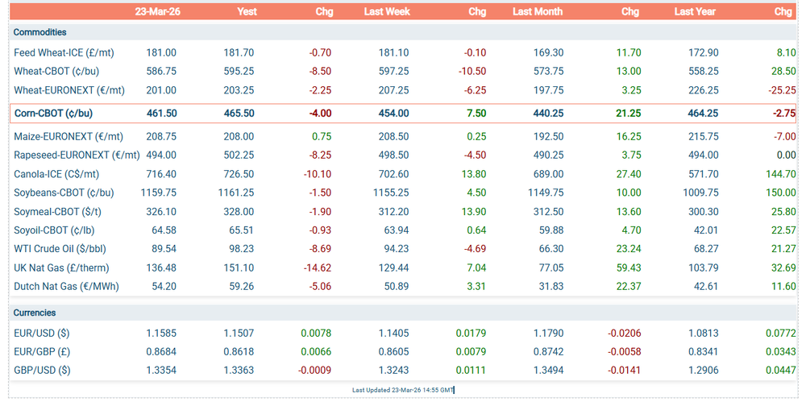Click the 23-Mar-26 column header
click(x=156, y=11)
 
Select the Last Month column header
click(x=538, y=11)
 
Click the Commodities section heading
click(x=40, y=32)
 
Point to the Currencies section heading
click(x=35, y=313)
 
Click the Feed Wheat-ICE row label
click(x=64, y=52)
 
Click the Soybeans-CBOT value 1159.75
click(x=158, y=193)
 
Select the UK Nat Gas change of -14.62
click(x=318, y=267)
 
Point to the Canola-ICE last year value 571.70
click(x=704, y=174)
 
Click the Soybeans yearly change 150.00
click(x=781, y=193)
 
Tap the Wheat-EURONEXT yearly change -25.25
click(x=781, y=90)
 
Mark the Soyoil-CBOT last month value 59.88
click(x=551, y=230)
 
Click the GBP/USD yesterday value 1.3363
click(x=239, y=371)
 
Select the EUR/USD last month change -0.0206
click(x=623, y=333)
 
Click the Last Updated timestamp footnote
click(x=403, y=390)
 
